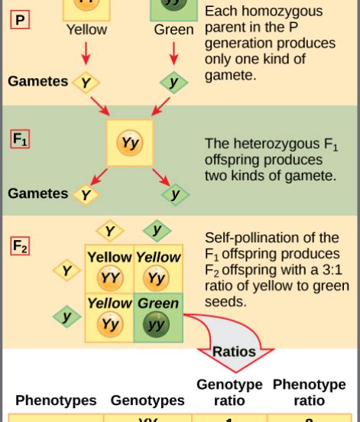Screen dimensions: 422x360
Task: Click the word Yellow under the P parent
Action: tap(86, 30)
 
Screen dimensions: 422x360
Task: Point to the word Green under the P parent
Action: tap(174, 30)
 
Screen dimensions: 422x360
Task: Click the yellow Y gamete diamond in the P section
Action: tap(86, 83)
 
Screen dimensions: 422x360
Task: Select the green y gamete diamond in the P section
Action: tap(174, 82)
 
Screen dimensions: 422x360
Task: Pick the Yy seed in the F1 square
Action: tap(130, 143)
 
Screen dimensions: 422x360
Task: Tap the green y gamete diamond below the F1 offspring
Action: tap(175, 194)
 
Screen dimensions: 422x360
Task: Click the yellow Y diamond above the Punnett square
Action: tap(110, 231)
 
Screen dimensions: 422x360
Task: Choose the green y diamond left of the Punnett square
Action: tap(66, 316)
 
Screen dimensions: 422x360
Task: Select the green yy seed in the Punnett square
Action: tap(157, 323)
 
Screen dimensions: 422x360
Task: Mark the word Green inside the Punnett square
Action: tap(158, 303)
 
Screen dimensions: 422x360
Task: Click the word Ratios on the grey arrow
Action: tap(234, 352)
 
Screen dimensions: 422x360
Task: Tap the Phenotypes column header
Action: tap(56, 400)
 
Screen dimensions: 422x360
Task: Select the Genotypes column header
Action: tap(148, 400)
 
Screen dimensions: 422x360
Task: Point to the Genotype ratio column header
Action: tap(229, 392)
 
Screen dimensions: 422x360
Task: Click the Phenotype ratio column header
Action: tap(310, 392)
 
